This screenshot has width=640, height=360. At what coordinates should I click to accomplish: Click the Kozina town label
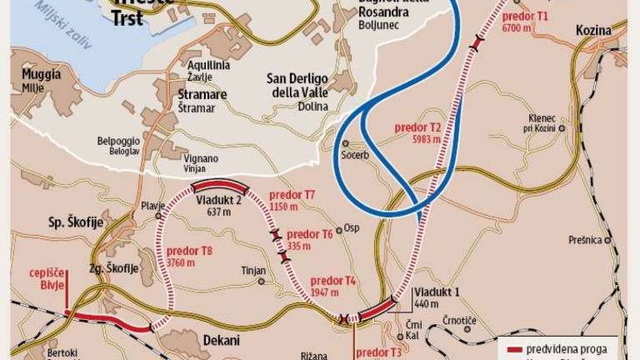(593, 31)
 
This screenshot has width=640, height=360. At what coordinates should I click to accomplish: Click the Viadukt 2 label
(218, 200)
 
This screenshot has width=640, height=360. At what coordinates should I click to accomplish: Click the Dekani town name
(221, 340)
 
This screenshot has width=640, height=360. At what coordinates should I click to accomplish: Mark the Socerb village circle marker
(345, 142)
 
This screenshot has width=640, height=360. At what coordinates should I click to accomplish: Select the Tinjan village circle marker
(262, 281)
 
